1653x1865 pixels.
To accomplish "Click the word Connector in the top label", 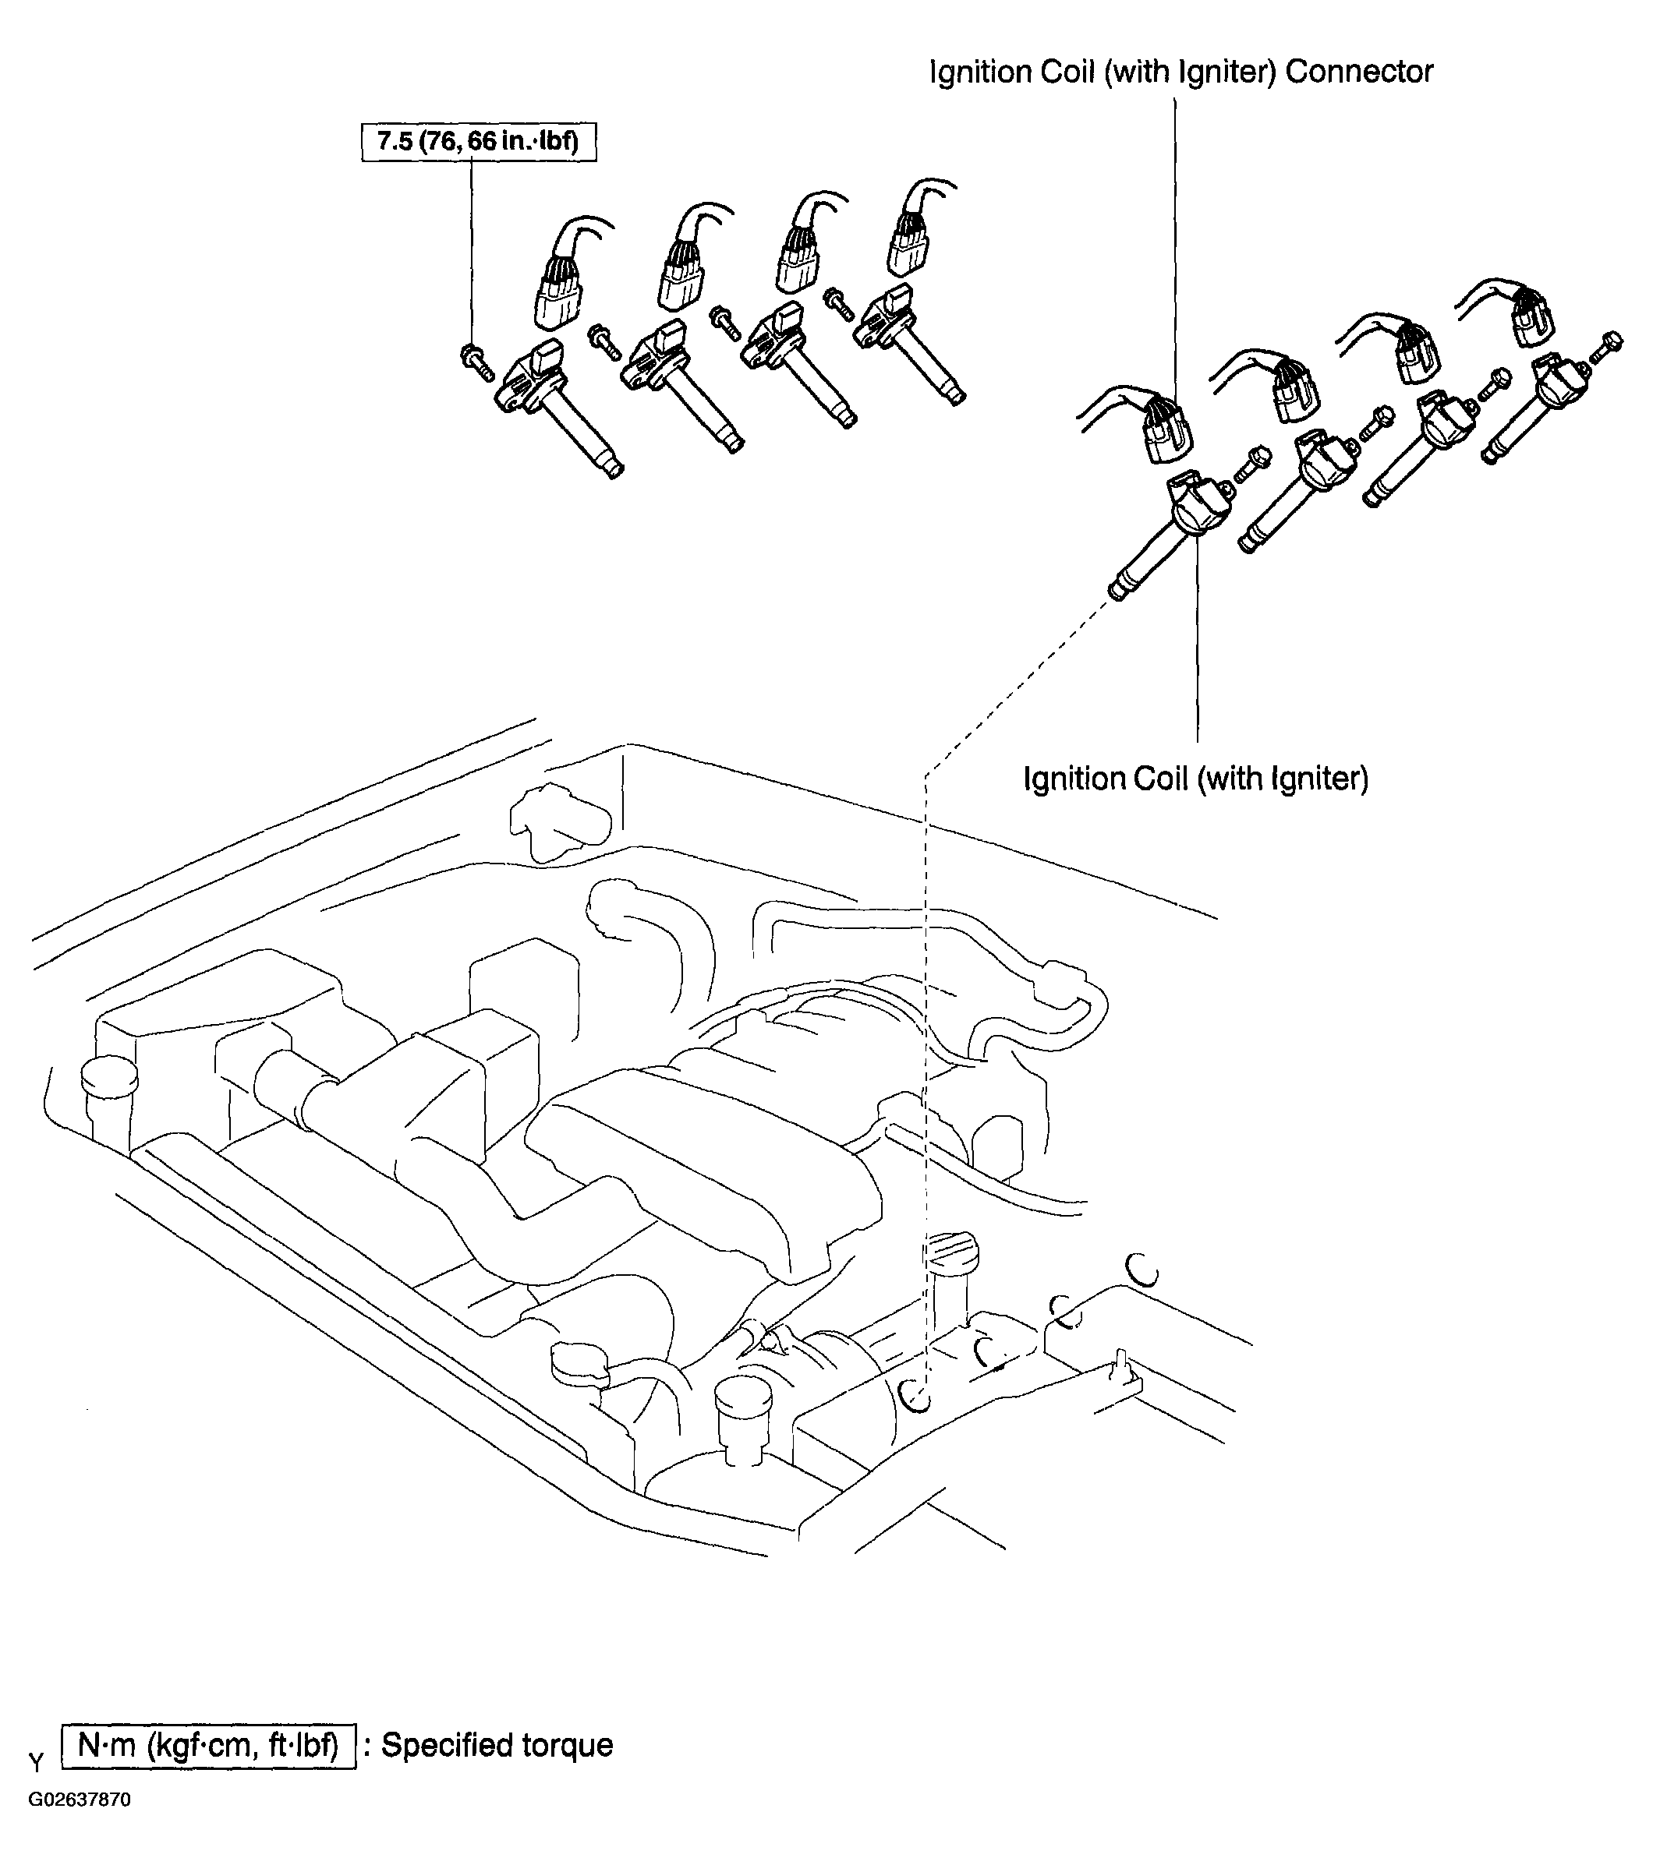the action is coord(1358,71).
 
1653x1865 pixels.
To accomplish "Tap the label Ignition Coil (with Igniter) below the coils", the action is coord(1196,779).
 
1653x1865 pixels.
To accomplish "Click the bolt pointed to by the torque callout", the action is coord(476,362).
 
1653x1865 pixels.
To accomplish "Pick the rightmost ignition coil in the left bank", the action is coord(908,342).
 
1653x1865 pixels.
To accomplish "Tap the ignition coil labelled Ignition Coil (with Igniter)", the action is coord(1172,533).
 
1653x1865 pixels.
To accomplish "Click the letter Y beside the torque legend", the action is coord(36,1762).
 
